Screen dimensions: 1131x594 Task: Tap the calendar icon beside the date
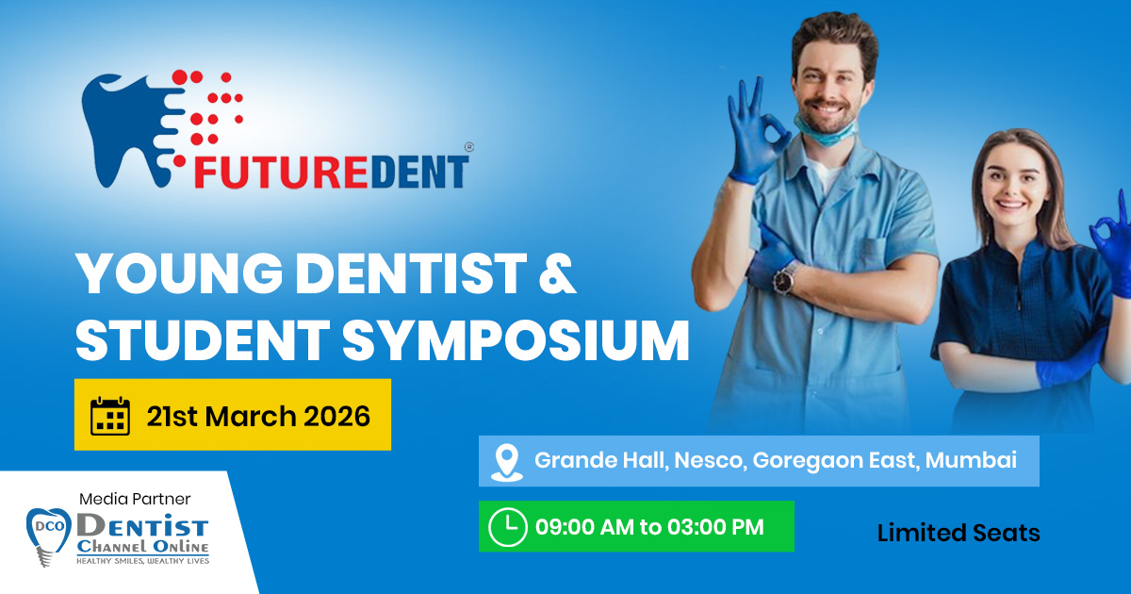click(110, 416)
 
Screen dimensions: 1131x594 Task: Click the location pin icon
click(507, 462)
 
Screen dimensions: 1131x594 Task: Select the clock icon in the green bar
click(507, 527)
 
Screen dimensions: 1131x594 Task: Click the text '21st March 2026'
click(258, 417)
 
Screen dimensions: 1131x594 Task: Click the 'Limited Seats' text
click(959, 533)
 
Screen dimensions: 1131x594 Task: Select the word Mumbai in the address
click(971, 460)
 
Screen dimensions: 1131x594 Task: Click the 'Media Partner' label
click(135, 499)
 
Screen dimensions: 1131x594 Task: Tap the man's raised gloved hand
click(755, 131)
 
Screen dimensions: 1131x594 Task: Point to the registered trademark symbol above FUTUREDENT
click(469, 147)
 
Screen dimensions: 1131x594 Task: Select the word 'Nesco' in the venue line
click(711, 460)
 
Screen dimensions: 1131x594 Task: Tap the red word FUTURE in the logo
click(280, 172)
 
